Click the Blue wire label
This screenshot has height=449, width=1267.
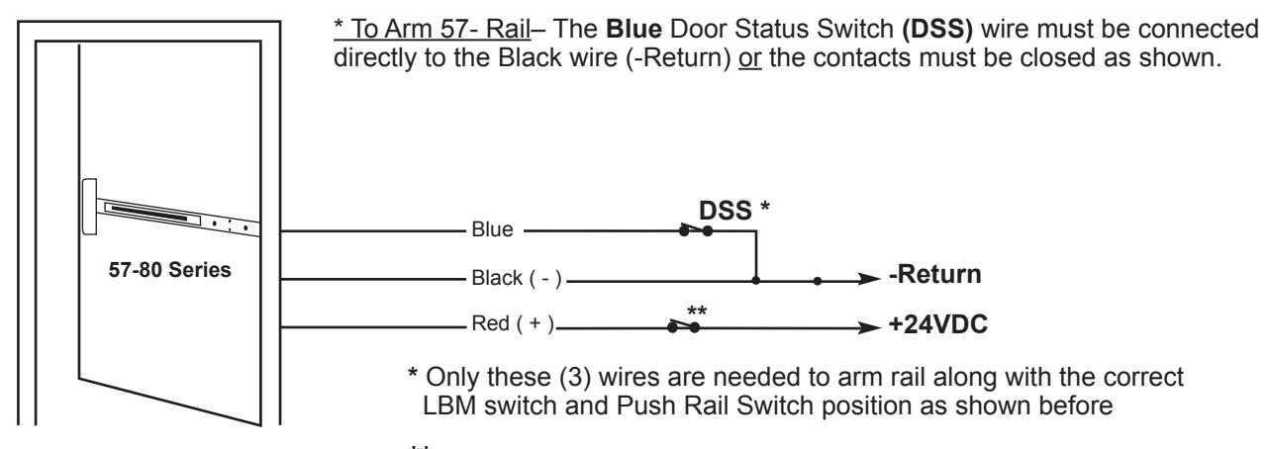492,229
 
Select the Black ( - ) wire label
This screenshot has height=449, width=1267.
517,278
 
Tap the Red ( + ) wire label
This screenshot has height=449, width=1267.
513,323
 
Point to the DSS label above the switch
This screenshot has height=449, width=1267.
726,211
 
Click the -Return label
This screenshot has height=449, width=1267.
935,274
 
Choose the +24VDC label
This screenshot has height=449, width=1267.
937,324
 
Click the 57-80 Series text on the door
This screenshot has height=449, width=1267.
169,270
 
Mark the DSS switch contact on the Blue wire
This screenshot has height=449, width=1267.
696,230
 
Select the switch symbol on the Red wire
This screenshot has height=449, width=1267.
683,326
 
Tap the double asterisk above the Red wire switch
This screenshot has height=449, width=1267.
697,311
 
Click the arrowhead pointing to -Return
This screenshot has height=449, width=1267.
869,279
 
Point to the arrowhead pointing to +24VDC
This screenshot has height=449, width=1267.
869,328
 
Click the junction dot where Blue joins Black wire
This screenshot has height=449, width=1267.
755,281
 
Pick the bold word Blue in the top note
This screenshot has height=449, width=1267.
633,29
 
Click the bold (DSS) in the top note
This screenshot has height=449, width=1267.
937,30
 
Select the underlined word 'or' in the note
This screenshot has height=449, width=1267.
749,58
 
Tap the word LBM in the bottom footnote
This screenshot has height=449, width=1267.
449,405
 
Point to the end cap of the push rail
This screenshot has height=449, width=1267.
89,206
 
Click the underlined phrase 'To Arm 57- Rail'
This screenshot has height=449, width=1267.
441,30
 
